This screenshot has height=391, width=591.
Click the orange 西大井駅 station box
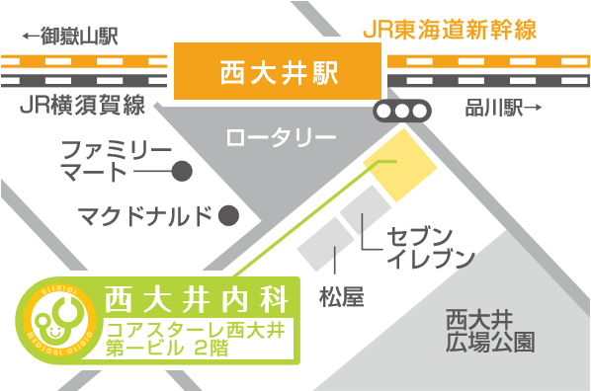click(x=278, y=71)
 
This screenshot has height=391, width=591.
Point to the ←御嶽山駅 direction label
click(x=69, y=38)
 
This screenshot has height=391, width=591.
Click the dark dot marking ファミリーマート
click(x=181, y=172)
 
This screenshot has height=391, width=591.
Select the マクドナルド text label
click(x=145, y=214)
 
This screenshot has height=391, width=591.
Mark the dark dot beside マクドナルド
click(x=228, y=214)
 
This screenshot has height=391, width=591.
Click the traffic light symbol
click(x=402, y=111)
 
